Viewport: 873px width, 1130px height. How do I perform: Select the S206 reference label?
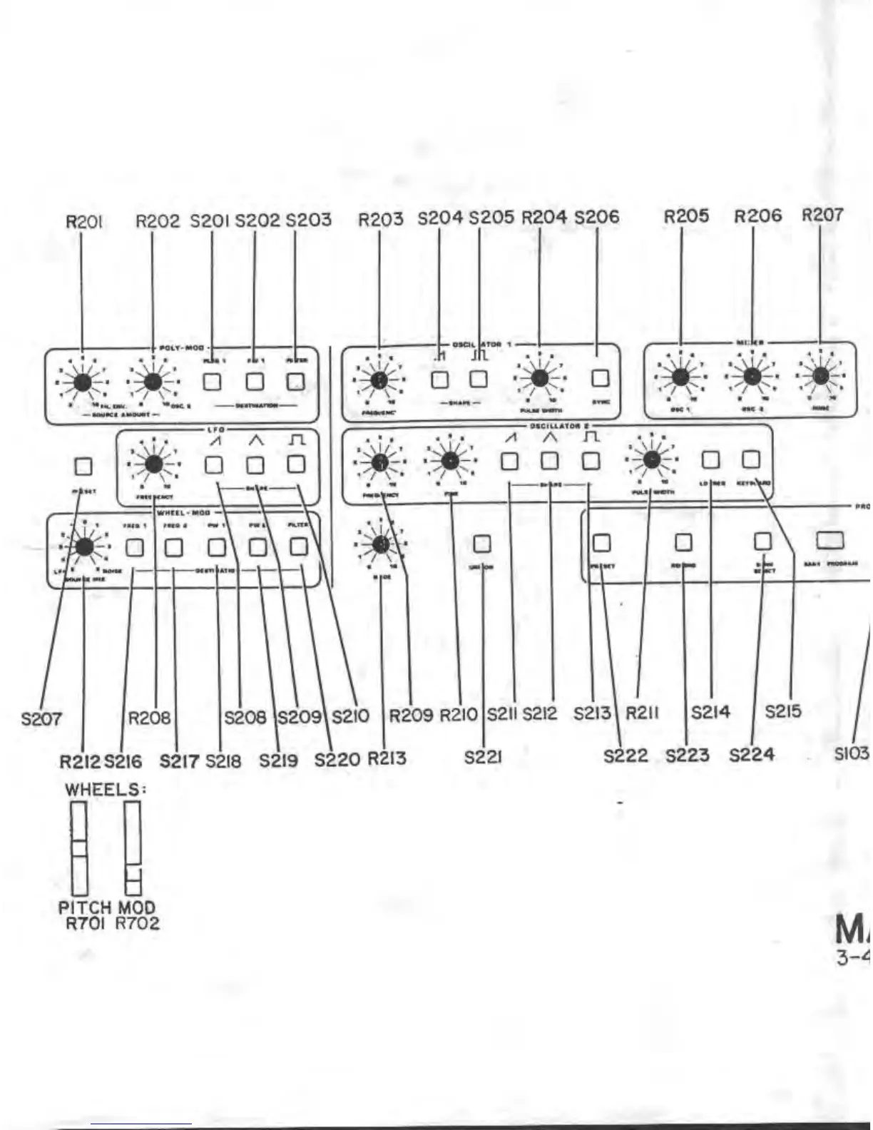(x=596, y=217)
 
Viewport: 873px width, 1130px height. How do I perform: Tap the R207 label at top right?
(x=822, y=215)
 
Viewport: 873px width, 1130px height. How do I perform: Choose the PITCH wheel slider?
(x=78, y=848)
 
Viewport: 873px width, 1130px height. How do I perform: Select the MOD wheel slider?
(x=132, y=848)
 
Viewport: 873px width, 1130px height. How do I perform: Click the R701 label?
(x=79, y=924)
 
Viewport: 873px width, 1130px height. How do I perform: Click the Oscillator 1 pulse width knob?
(x=539, y=378)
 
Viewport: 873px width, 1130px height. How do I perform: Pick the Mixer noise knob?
(x=820, y=375)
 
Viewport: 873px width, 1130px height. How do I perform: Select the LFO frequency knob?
(x=153, y=464)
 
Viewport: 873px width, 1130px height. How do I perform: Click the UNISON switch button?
(x=483, y=544)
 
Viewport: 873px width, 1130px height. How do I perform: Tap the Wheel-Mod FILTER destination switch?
(x=299, y=547)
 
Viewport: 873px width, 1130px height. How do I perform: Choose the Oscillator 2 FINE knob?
(x=449, y=461)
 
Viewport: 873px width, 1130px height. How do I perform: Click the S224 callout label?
(x=752, y=755)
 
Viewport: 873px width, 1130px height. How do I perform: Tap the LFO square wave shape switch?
(x=296, y=464)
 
